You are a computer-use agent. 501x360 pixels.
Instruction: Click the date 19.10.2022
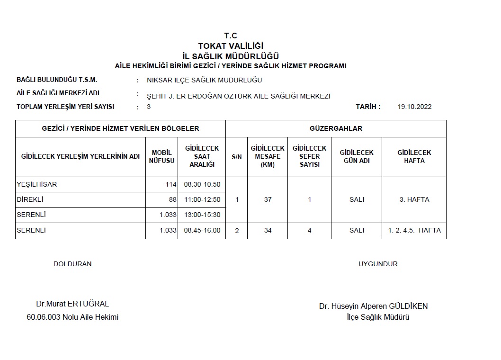415,107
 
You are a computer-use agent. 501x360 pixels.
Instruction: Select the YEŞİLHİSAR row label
37,184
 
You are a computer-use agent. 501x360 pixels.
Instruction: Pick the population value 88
172,199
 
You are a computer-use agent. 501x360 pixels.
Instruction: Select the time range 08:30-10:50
202,184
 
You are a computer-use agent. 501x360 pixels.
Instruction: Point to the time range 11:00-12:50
202,199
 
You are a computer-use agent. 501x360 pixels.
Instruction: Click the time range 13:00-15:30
202,215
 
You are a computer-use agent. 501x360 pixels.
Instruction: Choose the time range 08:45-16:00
202,230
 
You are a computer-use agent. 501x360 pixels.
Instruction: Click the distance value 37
268,199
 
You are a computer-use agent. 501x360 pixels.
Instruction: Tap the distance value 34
268,230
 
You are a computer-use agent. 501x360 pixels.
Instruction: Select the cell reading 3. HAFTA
414,199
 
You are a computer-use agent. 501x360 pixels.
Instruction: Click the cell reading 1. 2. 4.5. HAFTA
414,230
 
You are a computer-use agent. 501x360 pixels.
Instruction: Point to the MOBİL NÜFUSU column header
161,156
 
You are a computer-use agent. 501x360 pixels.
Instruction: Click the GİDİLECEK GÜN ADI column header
357,156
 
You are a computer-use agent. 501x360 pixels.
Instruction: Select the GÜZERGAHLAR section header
336,128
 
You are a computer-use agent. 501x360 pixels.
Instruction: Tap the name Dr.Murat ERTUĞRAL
72,304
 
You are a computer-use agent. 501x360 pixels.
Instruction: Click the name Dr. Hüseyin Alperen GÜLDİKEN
373,306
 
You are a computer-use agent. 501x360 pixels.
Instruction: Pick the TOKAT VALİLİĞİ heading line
231,46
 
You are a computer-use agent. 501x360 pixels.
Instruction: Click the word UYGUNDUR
378,264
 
